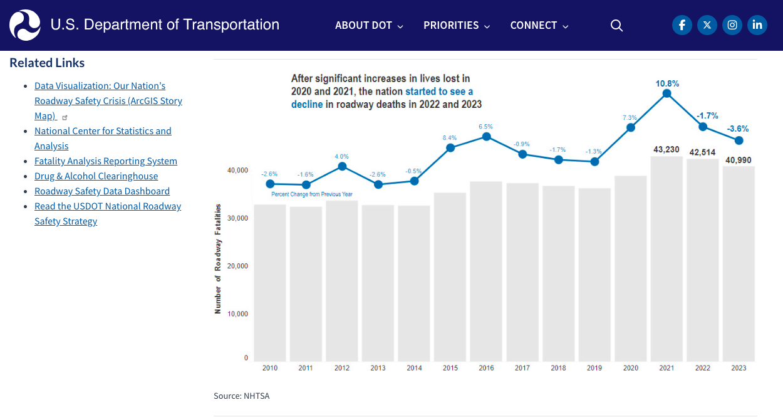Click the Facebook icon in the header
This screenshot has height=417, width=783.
[x=682, y=25]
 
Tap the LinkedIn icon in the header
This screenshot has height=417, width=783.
[x=757, y=25]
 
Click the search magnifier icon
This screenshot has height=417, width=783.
[x=616, y=26]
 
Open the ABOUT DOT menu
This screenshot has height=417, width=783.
[x=369, y=26]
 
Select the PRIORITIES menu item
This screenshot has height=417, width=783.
[x=457, y=26]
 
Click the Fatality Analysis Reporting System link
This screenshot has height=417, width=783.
[x=106, y=161]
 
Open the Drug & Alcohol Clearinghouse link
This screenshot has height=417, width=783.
[x=96, y=176]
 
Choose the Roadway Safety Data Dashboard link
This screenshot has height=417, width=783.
[x=102, y=191]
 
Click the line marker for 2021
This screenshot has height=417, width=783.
[x=666, y=93]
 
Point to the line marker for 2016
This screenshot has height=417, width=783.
[x=486, y=136]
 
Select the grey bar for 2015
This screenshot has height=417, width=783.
[x=450, y=276]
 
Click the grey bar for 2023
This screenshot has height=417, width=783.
[x=739, y=263]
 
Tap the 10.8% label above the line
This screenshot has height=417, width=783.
[x=667, y=83]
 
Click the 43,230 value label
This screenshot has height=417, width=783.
[x=666, y=149]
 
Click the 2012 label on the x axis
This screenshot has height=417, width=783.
[x=342, y=368]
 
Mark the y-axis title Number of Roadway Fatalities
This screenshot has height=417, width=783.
[x=218, y=258]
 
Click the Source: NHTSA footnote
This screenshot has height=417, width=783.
[x=241, y=396]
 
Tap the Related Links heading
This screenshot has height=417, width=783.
[x=47, y=63]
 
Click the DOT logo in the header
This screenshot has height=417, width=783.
[x=25, y=25]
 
